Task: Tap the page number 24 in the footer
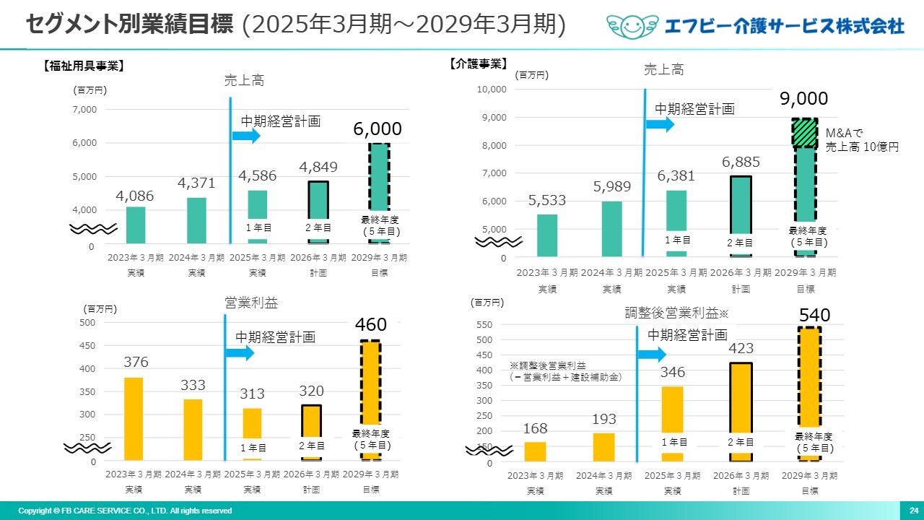click(913, 511)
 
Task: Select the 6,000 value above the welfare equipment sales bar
click(377, 129)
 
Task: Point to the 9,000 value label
click(803, 99)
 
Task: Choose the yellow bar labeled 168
click(535, 451)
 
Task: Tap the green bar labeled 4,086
click(136, 225)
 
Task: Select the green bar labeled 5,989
click(611, 228)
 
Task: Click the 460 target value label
click(370, 325)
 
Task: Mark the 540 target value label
click(814, 316)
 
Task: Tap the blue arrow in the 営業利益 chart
click(240, 353)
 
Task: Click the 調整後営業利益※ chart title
click(678, 313)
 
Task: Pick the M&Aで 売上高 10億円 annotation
click(862, 140)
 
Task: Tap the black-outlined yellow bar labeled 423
click(741, 412)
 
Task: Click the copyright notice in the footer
click(125, 511)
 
